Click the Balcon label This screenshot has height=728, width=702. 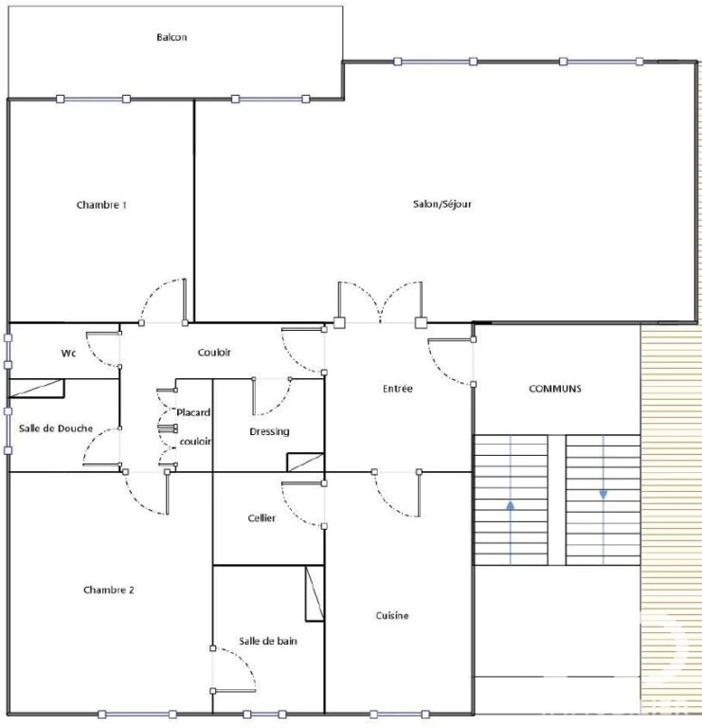(x=171, y=37)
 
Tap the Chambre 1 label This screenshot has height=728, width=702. (x=101, y=205)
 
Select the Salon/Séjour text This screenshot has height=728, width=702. (x=442, y=205)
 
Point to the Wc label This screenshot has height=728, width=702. (x=68, y=354)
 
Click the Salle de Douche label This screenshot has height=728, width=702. (x=56, y=428)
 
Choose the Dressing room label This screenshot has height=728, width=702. (x=270, y=432)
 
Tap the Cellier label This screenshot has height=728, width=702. (x=261, y=519)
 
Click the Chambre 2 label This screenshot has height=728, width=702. (x=109, y=591)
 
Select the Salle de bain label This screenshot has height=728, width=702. (x=268, y=641)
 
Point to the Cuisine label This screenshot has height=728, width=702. (x=392, y=615)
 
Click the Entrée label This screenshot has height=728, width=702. (x=398, y=389)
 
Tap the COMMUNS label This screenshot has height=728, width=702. (x=555, y=389)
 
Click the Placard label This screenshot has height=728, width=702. (x=193, y=412)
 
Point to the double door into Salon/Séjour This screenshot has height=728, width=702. (x=381, y=302)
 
